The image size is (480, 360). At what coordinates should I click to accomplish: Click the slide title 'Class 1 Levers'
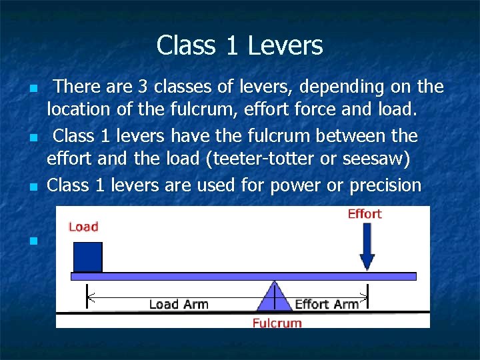tap(239, 46)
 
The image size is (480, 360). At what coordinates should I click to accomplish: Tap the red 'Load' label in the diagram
tap(83, 227)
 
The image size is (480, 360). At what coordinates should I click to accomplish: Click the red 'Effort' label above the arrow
tap(365, 214)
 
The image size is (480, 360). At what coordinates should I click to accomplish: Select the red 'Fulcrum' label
tap(277, 323)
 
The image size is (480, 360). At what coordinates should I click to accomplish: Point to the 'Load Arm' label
tap(179, 305)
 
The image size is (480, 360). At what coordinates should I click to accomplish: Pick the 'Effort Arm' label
tap(327, 305)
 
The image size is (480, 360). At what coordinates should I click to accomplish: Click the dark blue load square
tap(87, 257)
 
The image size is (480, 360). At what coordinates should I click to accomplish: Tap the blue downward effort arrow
tap(367, 247)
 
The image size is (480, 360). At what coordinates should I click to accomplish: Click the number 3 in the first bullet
tap(143, 87)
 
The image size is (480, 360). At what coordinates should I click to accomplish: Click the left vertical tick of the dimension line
tap(87, 296)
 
